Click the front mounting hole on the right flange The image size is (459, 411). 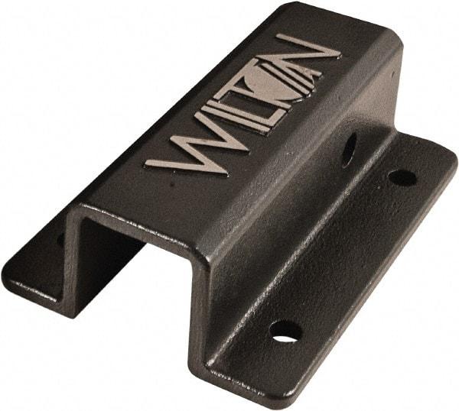click(x=285, y=331)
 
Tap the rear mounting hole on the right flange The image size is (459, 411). click(x=402, y=177)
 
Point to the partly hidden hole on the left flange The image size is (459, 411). click(x=60, y=240)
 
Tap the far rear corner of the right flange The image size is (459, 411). click(x=451, y=157)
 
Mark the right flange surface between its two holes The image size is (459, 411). click(x=344, y=252)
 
